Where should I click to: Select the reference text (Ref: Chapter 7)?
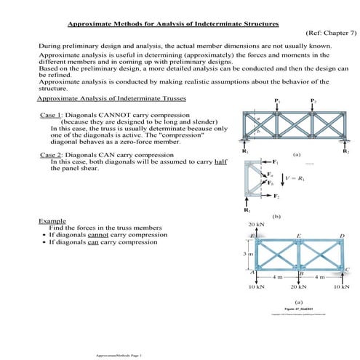[x=324, y=33]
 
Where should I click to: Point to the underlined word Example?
[x=52, y=220]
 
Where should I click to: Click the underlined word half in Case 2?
[x=220, y=161]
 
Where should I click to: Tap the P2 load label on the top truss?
[x=313, y=100]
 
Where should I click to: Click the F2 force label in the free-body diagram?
[x=275, y=196]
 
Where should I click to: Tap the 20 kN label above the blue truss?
[x=256, y=225]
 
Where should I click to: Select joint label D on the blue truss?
[x=342, y=236]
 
